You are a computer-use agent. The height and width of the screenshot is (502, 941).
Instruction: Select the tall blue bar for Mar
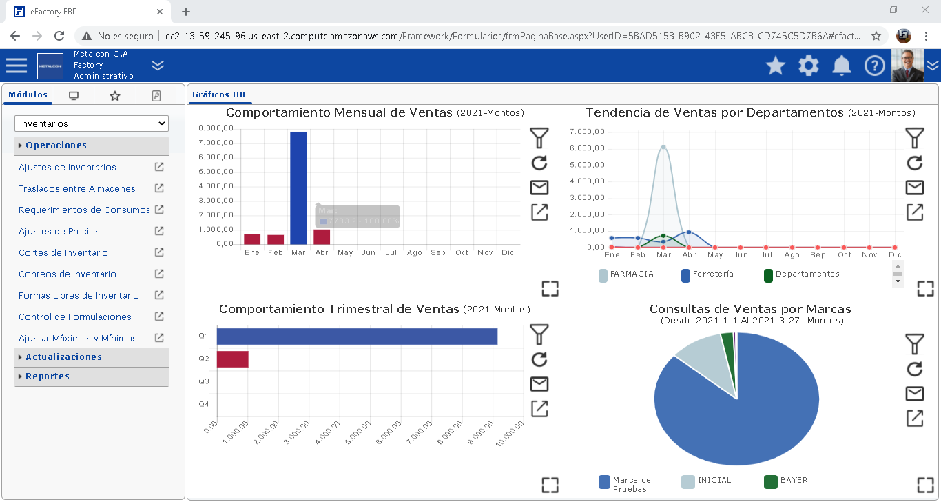pyautogui.click(x=298, y=188)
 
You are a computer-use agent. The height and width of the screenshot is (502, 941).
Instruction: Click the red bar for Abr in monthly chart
pyautogui.click(x=322, y=237)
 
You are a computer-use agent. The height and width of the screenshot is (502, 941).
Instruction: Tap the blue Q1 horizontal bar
pyautogui.click(x=357, y=337)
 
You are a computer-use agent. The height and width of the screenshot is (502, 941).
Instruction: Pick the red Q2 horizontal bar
pyautogui.click(x=233, y=359)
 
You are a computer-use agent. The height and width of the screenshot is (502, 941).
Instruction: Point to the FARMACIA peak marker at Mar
pyautogui.click(x=663, y=147)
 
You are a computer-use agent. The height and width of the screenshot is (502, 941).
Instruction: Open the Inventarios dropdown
pyautogui.click(x=92, y=124)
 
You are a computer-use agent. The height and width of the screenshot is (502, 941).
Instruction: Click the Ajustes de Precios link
pyautogui.click(x=59, y=232)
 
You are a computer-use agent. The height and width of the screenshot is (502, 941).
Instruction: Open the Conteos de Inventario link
pyautogui.click(x=68, y=274)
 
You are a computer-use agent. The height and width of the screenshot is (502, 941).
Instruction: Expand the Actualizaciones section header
pyautogui.click(x=63, y=357)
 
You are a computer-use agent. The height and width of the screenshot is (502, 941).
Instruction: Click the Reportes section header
pyautogui.click(x=48, y=376)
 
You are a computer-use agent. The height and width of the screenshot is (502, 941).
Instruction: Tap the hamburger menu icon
pyautogui.click(x=17, y=66)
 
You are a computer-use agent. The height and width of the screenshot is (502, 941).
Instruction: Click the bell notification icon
pyautogui.click(x=842, y=66)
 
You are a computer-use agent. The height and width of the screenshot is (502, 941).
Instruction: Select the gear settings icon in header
pyautogui.click(x=809, y=66)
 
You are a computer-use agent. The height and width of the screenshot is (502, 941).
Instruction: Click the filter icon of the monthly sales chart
pyautogui.click(x=539, y=138)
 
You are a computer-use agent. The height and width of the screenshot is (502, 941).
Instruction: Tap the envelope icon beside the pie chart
pyautogui.click(x=914, y=393)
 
